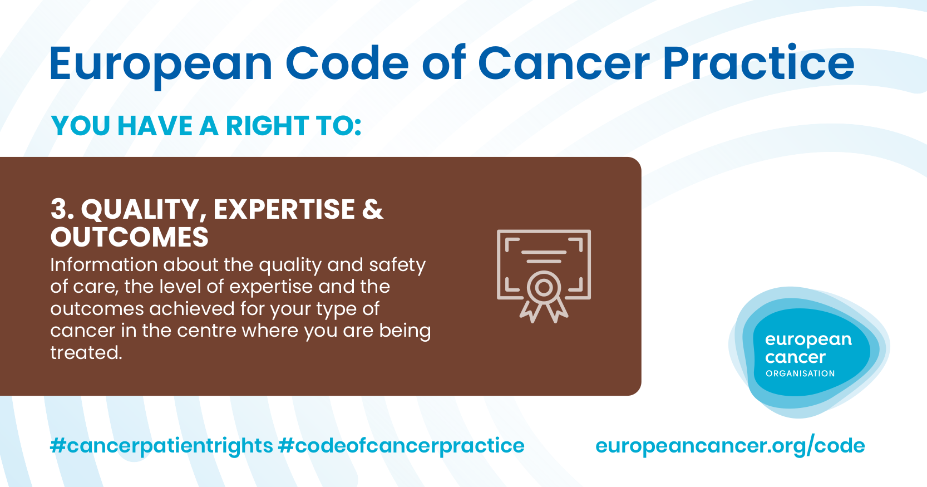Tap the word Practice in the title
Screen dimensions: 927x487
pos(758,63)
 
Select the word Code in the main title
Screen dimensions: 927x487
pos(347,63)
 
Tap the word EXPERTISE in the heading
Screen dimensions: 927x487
pos(284,209)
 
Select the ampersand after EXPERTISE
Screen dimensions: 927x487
pos(372,209)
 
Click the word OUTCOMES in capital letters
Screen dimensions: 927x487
pos(130,237)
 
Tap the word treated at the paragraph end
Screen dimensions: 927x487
pos(86,353)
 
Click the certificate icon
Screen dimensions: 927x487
pos(544,276)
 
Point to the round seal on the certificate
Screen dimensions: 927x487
pos(544,287)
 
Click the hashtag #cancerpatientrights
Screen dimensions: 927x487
pos(161,446)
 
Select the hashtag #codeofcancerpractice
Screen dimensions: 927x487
pos(401,446)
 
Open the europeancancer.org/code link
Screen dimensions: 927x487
pos(730,446)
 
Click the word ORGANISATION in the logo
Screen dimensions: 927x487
pos(800,373)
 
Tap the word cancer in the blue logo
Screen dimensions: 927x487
pos(795,357)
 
